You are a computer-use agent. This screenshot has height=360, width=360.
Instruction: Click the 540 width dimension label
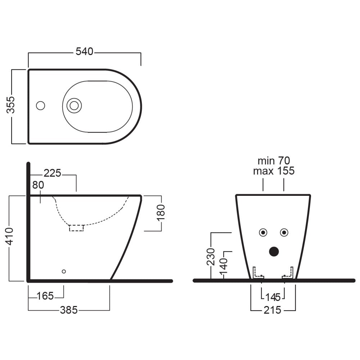tap(85, 51)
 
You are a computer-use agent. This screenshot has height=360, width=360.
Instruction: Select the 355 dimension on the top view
tap(10, 105)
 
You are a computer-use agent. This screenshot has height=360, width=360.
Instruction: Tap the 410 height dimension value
tap(9, 237)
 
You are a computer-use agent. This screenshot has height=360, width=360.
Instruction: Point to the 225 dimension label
tap(52, 173)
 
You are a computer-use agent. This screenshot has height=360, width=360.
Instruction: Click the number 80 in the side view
tap(38, 185)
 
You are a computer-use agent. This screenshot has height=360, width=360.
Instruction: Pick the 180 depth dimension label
tap(161, 213)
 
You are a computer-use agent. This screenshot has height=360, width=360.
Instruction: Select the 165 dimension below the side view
tap(45, 296)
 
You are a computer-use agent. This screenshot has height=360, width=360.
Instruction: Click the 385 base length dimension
tap(69, 310)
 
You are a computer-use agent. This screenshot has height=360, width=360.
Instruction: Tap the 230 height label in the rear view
tap(211, 257)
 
